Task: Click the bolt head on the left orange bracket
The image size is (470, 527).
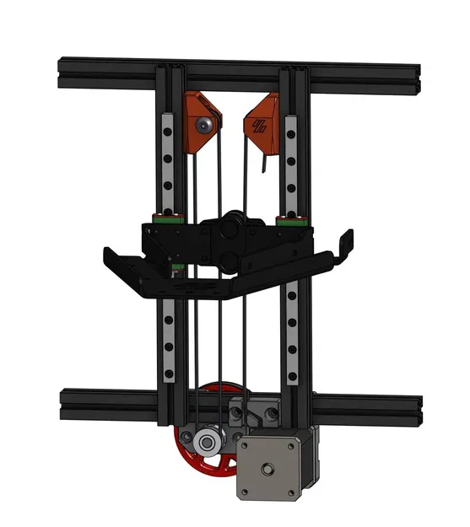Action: pos(203,125)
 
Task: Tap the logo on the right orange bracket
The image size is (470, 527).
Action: pos(257,127)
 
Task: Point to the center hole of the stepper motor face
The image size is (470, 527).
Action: pos(267,468)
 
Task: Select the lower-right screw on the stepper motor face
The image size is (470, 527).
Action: pos(291,492)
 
